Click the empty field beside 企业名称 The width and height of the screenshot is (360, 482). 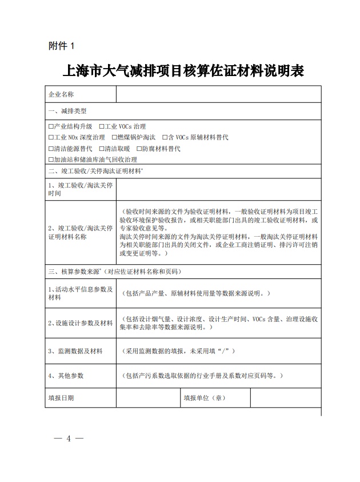click(218, 94)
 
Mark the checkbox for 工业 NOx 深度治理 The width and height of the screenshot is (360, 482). click(51, 138)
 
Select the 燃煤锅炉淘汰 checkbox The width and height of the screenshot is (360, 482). click(114, 138)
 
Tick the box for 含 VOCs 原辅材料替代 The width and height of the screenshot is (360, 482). click(164, 138)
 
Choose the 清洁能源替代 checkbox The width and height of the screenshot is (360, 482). click(51, 149)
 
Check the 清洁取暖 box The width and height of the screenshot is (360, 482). click(101, 149)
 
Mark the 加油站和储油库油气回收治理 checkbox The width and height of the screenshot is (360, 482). click(51, 160)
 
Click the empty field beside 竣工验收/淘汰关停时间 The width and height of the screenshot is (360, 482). click(218, 189)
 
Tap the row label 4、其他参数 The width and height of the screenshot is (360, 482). click(66, 376)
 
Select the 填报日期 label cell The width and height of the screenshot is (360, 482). click(62, 397)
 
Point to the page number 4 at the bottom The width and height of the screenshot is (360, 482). click(69, 439)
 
